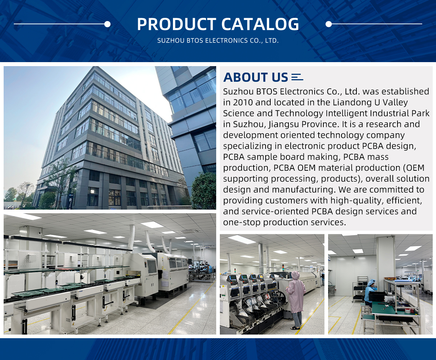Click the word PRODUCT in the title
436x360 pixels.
click(177, 24)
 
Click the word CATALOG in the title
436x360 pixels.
click(260, 24)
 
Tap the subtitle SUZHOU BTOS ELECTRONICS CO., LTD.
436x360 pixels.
click(218, 41)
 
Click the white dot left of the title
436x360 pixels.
click(107, 24)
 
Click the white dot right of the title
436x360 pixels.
click(328, 24)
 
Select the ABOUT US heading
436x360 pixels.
click(255, 77)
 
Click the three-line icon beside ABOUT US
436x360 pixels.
click(297, 77)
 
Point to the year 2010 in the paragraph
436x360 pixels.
click(243, 102)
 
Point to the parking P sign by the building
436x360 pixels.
click(70, 201)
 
